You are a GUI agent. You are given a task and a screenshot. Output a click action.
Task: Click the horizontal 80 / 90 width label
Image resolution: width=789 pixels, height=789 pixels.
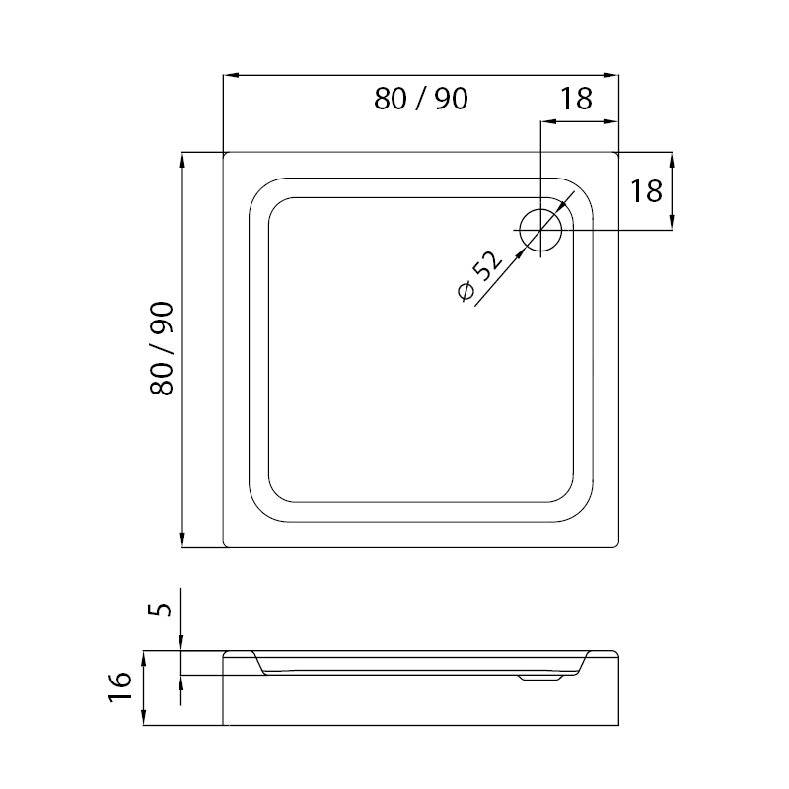click(x=420, y=99)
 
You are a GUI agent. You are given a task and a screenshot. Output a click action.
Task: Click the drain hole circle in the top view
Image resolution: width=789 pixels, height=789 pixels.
click(x=540, y=231)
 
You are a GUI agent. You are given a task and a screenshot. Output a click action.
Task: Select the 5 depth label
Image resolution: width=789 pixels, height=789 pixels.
click(x=164, y=602)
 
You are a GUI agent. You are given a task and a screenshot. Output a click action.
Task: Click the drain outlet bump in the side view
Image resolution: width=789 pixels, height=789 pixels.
click(x=538, y=678)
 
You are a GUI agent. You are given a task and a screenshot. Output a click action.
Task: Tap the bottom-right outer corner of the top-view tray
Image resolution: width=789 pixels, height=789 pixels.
click(x=616, y=546)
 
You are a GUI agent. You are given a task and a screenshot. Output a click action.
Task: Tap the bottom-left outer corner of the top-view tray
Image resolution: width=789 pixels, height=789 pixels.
click(x=226, y=546)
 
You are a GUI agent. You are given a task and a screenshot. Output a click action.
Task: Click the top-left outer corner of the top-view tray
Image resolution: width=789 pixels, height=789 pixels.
click(x=226, y=154)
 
